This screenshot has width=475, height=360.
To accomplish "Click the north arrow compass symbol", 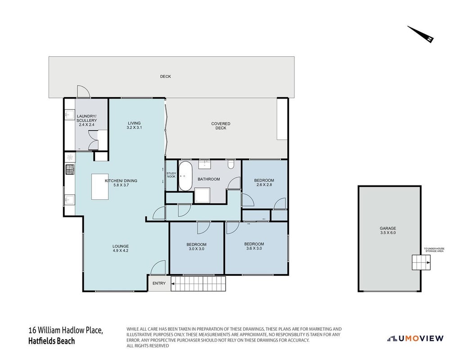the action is [421, 34].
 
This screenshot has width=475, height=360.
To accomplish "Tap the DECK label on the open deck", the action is [165, 76].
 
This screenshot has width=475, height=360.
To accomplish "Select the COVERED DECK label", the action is [221, 126].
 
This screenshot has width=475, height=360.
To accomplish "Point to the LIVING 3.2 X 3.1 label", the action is [134, 126].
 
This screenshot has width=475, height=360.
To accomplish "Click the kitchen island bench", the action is [100, 187].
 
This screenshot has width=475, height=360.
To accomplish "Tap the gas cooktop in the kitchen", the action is [70, 169].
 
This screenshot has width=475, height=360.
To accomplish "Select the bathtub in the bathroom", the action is [185, 176].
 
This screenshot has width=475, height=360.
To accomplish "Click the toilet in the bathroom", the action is [231, 164].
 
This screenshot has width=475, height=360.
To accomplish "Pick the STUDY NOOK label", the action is [171, 175].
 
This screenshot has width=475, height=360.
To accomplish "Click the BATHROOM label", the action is [209, 179].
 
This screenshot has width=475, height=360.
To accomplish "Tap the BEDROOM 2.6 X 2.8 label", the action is [264, 183].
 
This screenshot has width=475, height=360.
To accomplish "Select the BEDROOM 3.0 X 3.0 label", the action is [196, 247].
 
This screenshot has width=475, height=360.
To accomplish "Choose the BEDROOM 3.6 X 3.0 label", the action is [254, 246].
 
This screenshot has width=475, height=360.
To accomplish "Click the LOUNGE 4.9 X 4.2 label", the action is [121, 248].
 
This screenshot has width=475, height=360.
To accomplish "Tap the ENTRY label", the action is [159, 283].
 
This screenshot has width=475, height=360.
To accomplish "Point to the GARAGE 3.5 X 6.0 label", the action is [388, 230].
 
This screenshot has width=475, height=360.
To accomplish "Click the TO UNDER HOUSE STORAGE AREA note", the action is [434, 250].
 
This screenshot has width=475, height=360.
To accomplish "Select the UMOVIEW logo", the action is [415, 338].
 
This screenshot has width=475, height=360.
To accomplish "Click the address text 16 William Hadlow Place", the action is [66, 330].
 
